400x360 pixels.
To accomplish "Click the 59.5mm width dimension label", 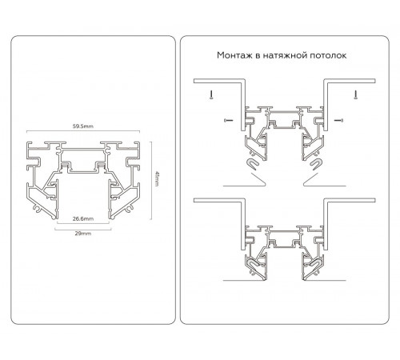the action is [83, 126].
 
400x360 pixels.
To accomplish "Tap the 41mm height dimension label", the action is [158, 179].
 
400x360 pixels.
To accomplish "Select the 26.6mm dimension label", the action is [83, 218].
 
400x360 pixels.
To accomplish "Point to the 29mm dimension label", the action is [83, 234].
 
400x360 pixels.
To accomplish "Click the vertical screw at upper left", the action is [211, 94].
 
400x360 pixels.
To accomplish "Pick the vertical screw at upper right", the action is [355, 94].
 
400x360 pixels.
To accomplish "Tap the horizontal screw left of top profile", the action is [229, 120].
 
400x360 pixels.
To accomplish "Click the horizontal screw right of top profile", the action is [338, 120].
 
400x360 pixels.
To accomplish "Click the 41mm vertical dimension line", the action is [151, 181].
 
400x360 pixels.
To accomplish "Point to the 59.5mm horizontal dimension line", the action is [83, 131].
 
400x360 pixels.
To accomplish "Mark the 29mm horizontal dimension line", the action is [83, 229].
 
